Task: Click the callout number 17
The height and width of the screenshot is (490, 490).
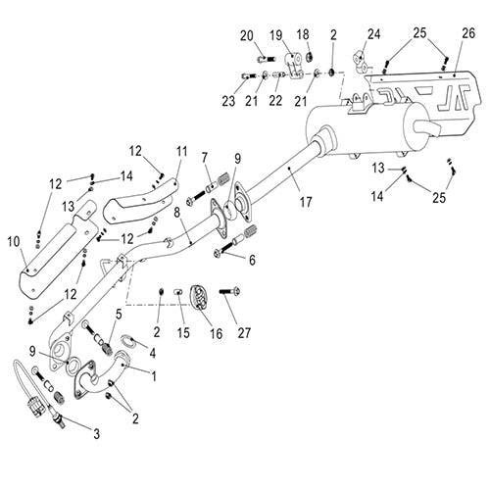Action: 306,202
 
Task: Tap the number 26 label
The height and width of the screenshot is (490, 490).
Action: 468,33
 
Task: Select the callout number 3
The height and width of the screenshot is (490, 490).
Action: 96,434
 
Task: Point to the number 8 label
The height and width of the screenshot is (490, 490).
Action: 176,213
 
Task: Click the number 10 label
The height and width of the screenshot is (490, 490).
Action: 14,242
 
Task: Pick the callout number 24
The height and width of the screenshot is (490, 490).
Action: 374,34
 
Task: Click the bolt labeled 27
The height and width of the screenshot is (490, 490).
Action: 230,291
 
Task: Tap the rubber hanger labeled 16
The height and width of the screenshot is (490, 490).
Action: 199,297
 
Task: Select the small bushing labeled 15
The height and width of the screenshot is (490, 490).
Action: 179,292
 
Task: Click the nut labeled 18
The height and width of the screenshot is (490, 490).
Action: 309,58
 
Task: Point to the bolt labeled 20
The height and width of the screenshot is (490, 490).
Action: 267,59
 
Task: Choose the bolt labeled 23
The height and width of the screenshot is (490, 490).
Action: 249,76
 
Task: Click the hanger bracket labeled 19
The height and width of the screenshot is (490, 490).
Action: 295,67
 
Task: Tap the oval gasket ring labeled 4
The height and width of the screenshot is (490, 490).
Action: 128,342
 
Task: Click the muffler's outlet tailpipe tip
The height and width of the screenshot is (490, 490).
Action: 428,127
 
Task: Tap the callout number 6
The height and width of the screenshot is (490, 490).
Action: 252,261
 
